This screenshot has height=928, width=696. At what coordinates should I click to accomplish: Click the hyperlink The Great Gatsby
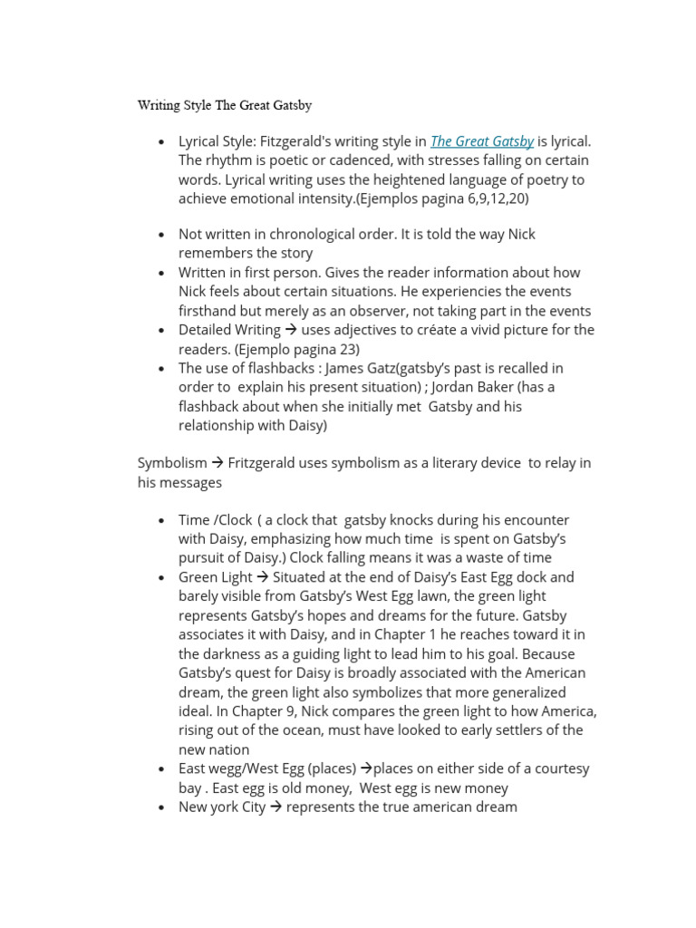[x=481, y=141]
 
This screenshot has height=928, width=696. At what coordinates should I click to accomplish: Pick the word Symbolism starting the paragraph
[x=172, y=463]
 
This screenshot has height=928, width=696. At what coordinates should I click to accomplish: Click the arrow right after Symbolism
[x=217, y=463]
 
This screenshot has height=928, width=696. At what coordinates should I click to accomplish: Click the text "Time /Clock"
[x=215, y=520]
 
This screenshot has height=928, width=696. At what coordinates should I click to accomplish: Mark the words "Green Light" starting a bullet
[x=216, y=577]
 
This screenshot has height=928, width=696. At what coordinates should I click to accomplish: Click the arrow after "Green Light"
[x=263, y=577]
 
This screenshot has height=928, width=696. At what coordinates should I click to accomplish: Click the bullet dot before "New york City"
[x=160, y=807]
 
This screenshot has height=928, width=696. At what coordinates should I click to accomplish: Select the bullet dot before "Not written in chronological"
[x=160, y=235]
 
